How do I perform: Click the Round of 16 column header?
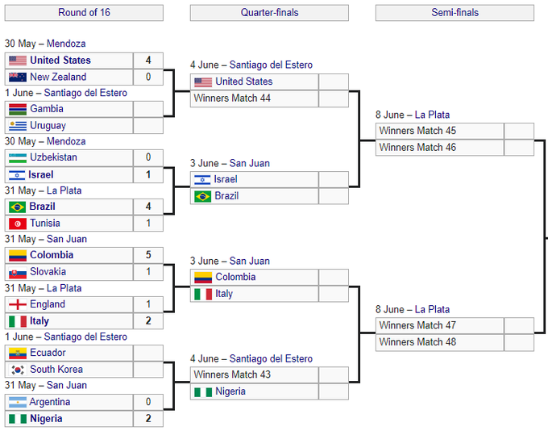pos(84,13)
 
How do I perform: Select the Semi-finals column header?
pos(455,13)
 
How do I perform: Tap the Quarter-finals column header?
pos(269,13)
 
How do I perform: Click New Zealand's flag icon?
pos(18,77)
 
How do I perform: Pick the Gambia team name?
pos(47,108)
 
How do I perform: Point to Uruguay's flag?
pos(18,125)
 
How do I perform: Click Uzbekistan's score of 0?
pos(148,157)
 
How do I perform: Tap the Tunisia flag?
pos(18,224)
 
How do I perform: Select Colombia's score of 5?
pos(148,255)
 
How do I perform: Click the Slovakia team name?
pos(48,271)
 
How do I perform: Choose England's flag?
pos(18,304)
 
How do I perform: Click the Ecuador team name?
pos(48,353)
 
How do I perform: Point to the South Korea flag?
pos(18,370)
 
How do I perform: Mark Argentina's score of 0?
pos(148,402)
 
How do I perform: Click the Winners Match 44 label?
pos(232,98)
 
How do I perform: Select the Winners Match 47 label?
pos(417,325)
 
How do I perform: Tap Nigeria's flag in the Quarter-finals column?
pos(203,391)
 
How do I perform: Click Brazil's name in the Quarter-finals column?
pos(226,195)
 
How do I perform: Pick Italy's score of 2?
pos(148,320)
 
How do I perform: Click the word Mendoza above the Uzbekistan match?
pos(66,141)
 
